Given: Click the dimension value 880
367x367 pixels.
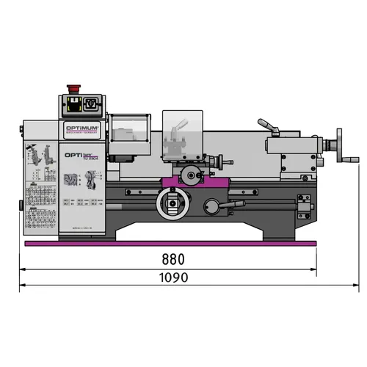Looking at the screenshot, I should pos(171,259).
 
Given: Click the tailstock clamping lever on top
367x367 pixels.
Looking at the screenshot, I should pos(269,127).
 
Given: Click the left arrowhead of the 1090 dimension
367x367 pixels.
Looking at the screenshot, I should pos(22,269).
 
